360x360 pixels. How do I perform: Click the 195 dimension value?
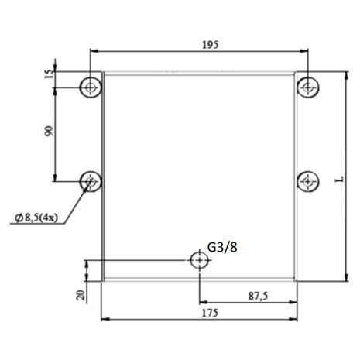pos(210,45)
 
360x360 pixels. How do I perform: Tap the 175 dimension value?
pos(210,313)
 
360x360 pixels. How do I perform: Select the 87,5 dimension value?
pos(258,296)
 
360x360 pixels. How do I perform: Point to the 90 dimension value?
pos(49,131)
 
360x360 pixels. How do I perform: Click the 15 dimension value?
pos(50,74)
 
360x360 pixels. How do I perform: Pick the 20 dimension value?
pos(81,295)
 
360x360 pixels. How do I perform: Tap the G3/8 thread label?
pos(222,247)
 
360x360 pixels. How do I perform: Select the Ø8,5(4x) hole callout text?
pos(36,218)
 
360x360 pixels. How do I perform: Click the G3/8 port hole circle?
pos(199,260)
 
